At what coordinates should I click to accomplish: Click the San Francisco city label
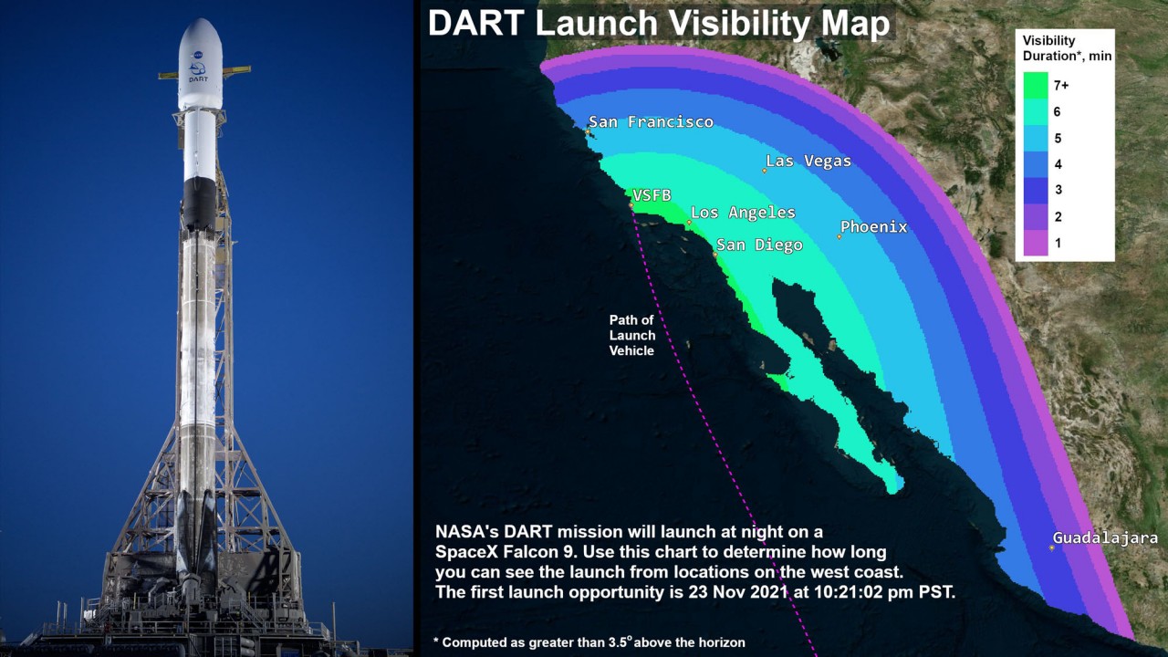[x=651, y=122]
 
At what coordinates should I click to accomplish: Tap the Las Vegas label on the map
[x=808, y=162]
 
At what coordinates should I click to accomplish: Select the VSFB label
[x=652, y=195]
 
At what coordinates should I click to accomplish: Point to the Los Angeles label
[x=743, y=213]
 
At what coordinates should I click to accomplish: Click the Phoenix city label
[x=874, y=227]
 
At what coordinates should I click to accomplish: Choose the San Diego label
[x=759, y=245]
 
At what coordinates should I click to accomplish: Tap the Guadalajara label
[x=1105, y=537]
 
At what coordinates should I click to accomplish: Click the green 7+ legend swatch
[x=1036, y=85]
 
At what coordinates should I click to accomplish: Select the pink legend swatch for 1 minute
[x=1036, y=243]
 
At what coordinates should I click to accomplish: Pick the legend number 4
[x=1058, y=164]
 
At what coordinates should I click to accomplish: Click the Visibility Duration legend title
[x=1067, y=48]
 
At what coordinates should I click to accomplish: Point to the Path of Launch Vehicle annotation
[x=632, y=335]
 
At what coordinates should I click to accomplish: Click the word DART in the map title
[x=476, y=24]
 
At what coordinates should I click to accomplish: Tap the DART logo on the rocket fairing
[x=198, y=72]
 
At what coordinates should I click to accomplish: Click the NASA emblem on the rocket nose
[x=198, y=54]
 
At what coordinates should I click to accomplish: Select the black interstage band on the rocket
[x=199, y=203]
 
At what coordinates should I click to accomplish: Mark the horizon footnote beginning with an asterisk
[x=589, y=642]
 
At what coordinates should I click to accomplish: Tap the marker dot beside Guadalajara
[x=1052, y=548]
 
